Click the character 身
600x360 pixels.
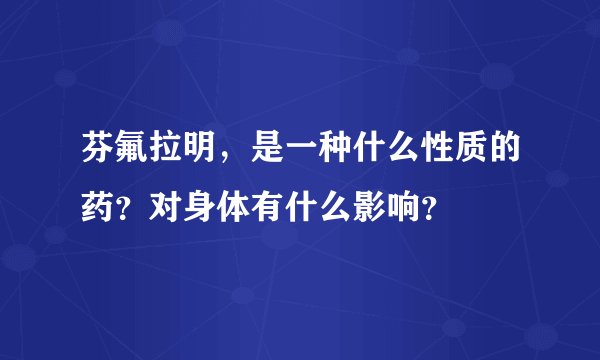[202, 208]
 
